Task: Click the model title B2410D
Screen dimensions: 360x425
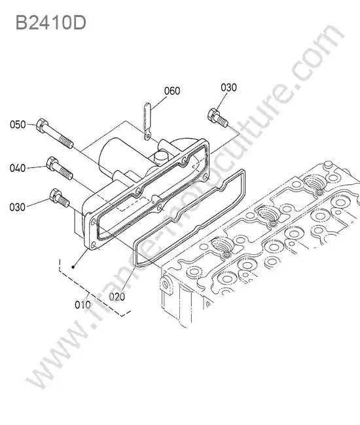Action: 51,22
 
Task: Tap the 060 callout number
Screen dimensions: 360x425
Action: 172,91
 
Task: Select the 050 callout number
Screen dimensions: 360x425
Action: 18,125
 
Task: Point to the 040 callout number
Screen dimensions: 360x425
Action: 18,168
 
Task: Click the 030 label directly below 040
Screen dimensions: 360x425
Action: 18,207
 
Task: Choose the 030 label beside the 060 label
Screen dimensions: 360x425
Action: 228,88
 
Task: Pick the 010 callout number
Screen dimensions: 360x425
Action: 82,305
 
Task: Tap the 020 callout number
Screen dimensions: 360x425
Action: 117,297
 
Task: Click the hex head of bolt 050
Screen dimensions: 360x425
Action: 42,125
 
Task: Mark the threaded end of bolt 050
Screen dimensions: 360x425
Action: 66,142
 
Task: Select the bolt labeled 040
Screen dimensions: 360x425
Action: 60,168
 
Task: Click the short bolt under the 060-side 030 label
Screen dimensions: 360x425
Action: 218,118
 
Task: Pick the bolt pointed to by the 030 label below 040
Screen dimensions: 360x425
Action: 60,198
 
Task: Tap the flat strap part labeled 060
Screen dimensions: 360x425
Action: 147,121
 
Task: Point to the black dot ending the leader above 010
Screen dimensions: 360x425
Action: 73,267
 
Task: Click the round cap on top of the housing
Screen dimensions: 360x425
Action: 160,157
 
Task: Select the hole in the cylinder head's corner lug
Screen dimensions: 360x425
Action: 165,284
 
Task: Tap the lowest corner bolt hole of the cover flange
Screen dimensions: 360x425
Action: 94,245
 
